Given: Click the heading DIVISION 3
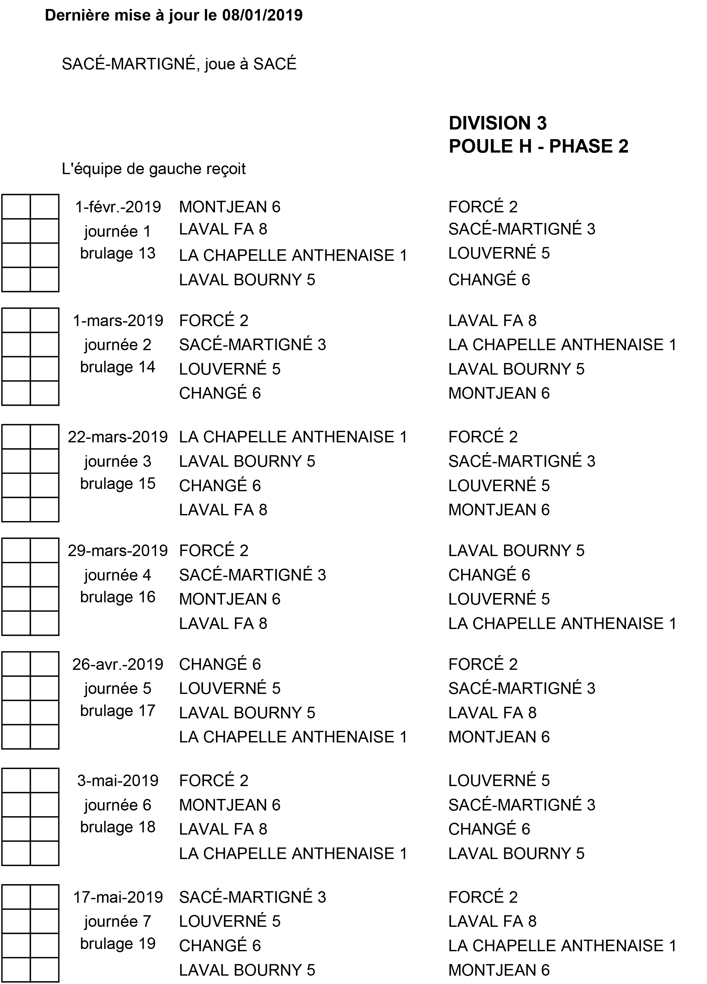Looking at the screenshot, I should [x=497, y=123].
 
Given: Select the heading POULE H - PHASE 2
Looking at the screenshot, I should [x=538, y=146].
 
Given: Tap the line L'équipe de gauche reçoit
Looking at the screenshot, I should [x=154, y=169].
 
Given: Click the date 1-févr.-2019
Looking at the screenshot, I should [x=118, y=207].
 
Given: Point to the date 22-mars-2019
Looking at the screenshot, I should [x=118, y=437].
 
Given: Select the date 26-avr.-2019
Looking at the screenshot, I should [x=118, y=664].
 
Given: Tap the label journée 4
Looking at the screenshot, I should [x=118, y=575].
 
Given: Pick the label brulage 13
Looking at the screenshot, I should [x=118, y=253].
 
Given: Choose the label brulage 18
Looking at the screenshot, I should [x=118, y=827].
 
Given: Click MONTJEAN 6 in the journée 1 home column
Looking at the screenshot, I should [x=229, y=207].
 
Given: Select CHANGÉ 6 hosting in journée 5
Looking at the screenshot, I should [x=219, y=664].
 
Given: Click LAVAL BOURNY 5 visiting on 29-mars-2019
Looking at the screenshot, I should [x=516, y=551].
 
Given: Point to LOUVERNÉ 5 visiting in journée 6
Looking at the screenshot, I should [x=499, y=781].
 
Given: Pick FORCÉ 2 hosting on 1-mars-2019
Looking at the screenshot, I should [x=213, y=321].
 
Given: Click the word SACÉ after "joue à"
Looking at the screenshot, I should [x=274, y=64].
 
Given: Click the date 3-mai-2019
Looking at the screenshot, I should [x=118, y=781].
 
